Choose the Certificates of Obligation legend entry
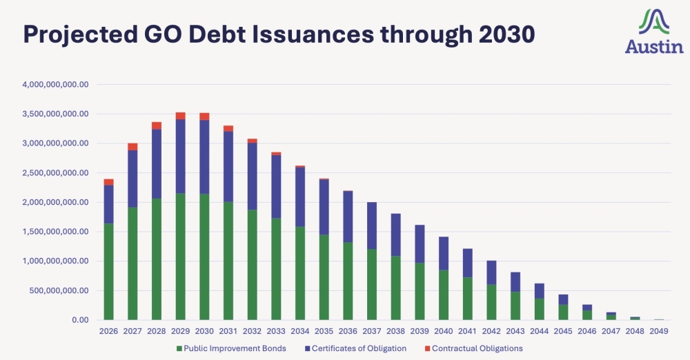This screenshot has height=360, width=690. click(x=358, y=348)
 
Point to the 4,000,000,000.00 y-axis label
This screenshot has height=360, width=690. click(x=55, y=85)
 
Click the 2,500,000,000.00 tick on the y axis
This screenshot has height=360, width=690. click(x=55, y=173)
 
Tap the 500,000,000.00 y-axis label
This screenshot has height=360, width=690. click(x=61, y=291)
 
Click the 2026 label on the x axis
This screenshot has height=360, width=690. click(x=108, y=332)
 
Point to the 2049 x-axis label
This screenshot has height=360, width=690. click(x=660, y=332)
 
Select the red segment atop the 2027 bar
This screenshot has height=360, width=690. click(x=132, y=147)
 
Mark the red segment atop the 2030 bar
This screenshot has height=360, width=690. click(x=204, y=117)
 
